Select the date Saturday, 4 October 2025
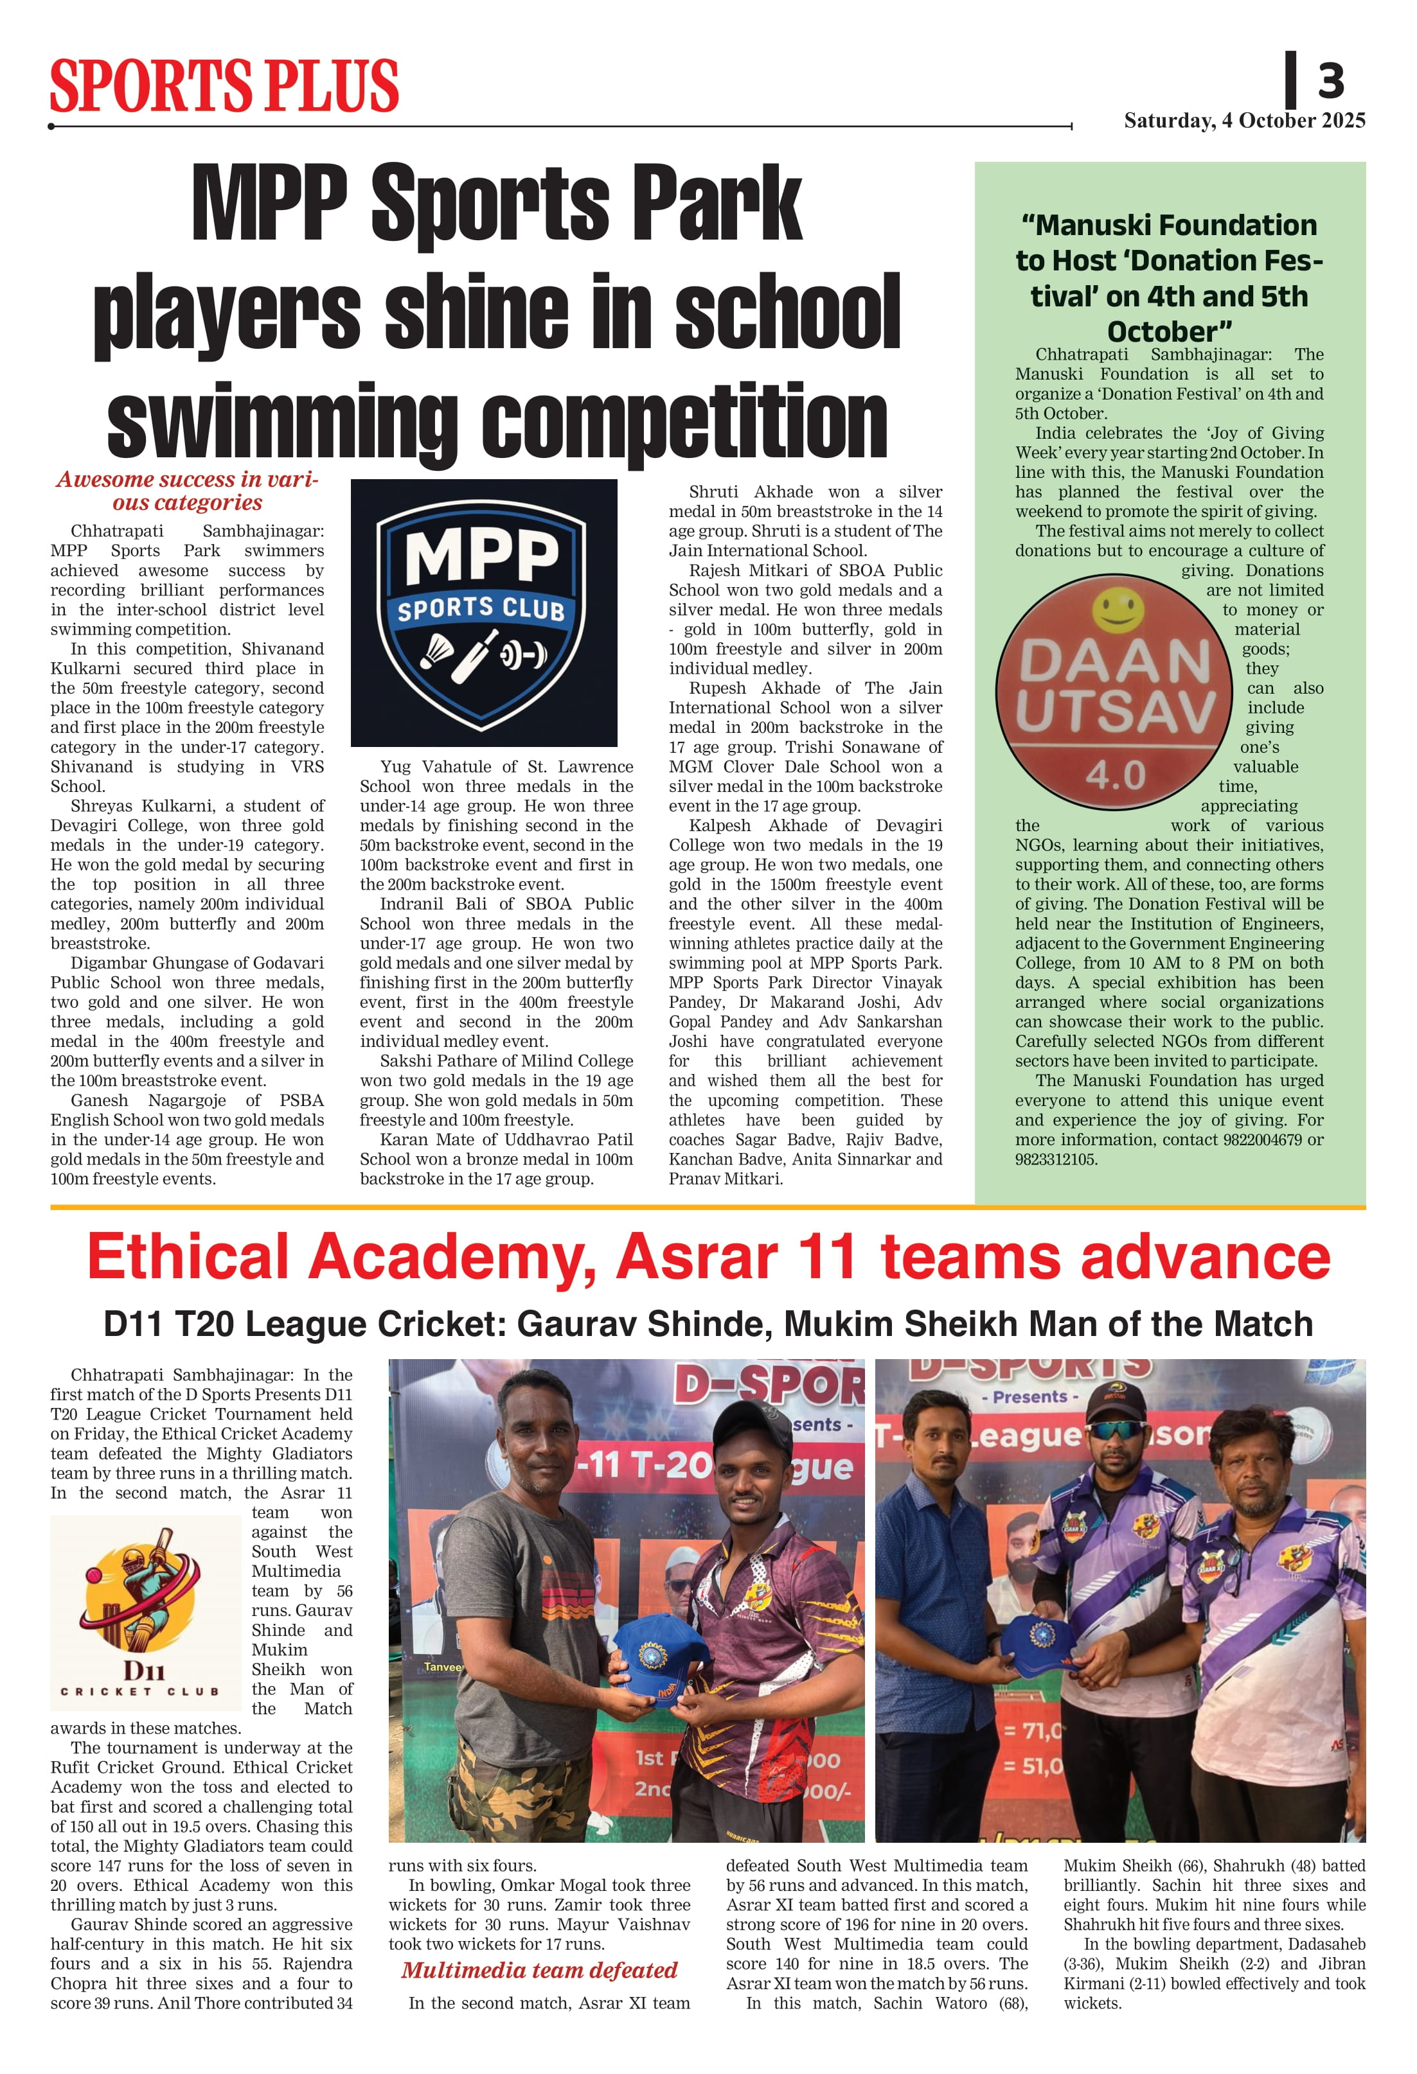tap(1243, 121)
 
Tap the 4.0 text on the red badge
tap(1115, 775)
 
